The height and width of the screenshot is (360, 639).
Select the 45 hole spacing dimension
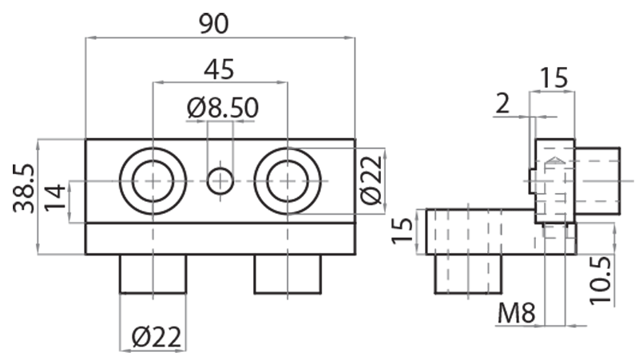tap(219, 69)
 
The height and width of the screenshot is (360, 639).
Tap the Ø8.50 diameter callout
tap(223, 108)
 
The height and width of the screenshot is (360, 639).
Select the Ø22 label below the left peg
tap(157, 338)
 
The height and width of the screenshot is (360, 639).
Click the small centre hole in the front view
tap(220, 181)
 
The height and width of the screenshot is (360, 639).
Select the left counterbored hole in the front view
tap(153, 181)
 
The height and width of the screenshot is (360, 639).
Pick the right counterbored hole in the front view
tap(288, 181)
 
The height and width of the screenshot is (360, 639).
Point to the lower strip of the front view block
tap(220, 239)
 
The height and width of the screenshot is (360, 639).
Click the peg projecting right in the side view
tap(597, 181)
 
